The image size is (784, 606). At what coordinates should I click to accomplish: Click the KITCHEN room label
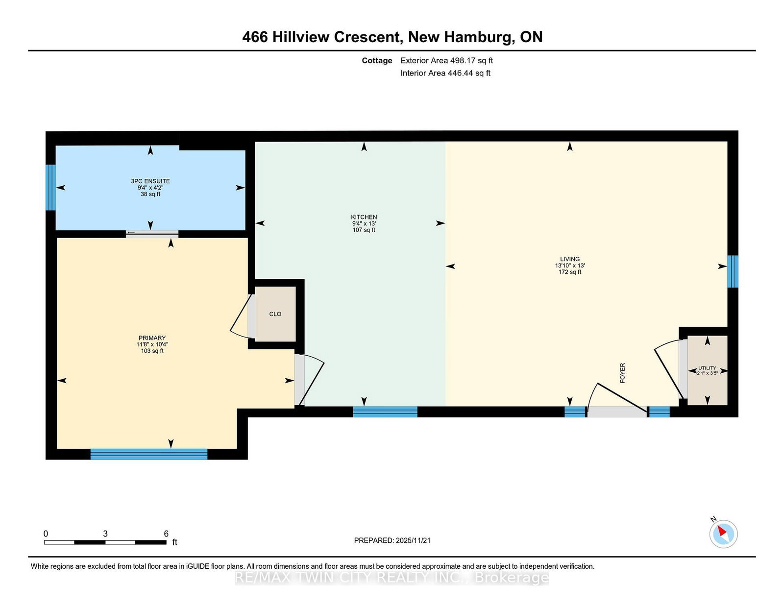coord(364,217)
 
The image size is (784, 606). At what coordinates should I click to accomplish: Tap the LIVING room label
coord(570,259)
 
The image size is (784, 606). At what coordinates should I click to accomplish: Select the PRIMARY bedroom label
coord(152,338)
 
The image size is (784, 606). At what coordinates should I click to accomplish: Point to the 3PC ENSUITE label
coord(150,181)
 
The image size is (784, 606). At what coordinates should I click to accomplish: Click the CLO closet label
coord(275,314)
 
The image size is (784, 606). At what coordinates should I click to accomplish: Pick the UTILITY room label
coord(707,368)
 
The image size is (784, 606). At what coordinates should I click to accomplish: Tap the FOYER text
coord(622,373)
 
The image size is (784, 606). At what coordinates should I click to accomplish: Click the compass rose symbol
coord(723,534)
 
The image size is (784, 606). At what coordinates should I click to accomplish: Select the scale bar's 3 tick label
coord(105,533)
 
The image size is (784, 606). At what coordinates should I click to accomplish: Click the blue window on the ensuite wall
coord(50,187)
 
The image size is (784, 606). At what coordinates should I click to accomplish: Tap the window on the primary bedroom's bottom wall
coord(148,454)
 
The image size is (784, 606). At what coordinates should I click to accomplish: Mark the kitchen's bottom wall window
coord(385,412)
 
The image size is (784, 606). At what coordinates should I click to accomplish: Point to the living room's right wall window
coord(733,271)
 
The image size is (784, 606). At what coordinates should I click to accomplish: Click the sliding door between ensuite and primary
coord(152,234)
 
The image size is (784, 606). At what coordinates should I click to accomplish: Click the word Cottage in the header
coord(377,61)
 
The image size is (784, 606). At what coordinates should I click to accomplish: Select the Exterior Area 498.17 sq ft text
coord(446,61)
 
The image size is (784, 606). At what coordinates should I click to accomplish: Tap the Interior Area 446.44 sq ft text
coord(445,73)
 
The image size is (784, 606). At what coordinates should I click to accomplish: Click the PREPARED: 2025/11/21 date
coord(392,540)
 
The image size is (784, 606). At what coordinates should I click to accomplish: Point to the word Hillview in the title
coord(300,37)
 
